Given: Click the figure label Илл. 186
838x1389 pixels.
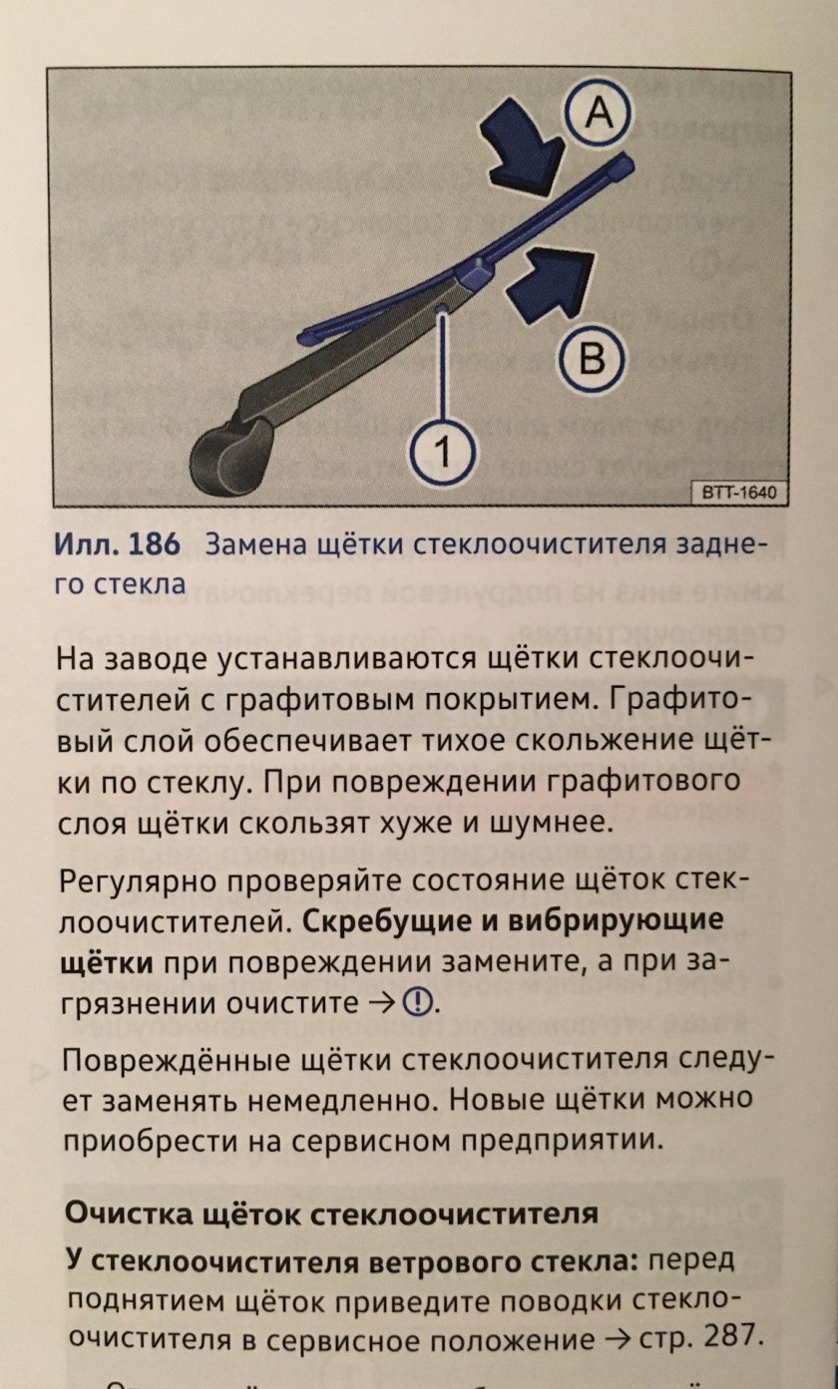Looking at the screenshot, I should (117, 544).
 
